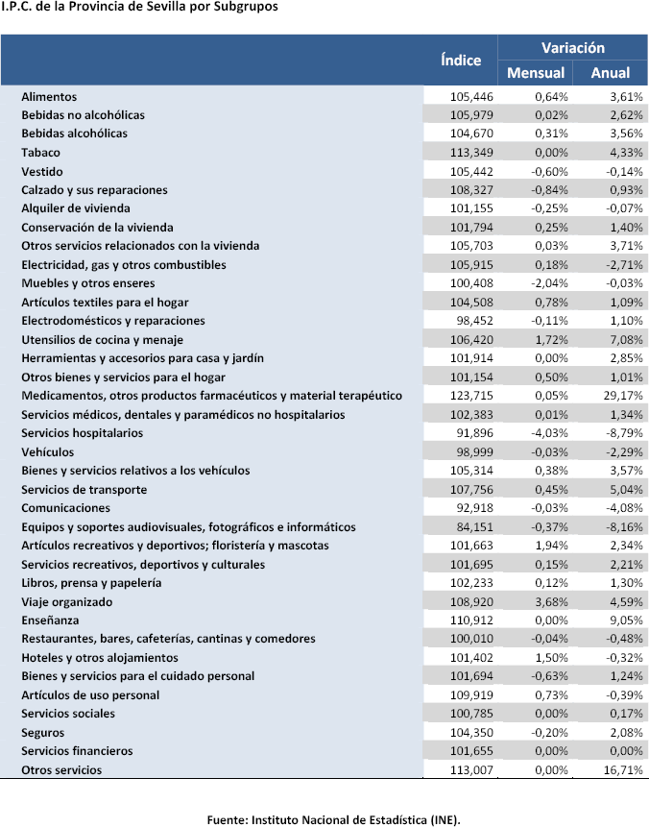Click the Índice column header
point(461,60)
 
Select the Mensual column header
point(536,73)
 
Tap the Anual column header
point(611,73)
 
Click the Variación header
point(573,47)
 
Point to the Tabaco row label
point(40,152)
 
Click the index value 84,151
point(473,526)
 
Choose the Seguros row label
point(44,732)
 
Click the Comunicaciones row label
point(65,508)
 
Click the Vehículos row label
point(47,451)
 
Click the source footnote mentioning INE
point(334,819)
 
